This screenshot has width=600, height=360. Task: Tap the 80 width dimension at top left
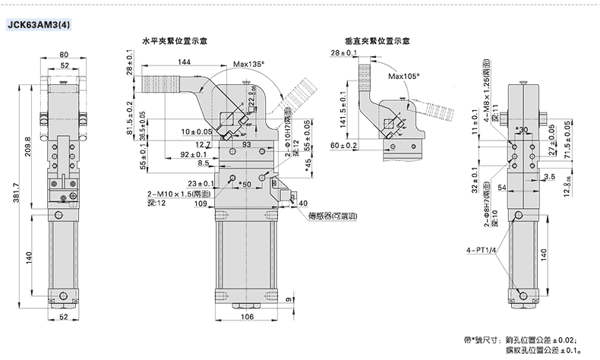click(64, 54)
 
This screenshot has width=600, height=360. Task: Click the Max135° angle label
click(249, 65)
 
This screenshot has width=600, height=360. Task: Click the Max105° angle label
click(403, 77)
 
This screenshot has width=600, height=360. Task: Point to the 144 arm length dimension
click(185, 62)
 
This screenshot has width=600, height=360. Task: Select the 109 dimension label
click(201, 203)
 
